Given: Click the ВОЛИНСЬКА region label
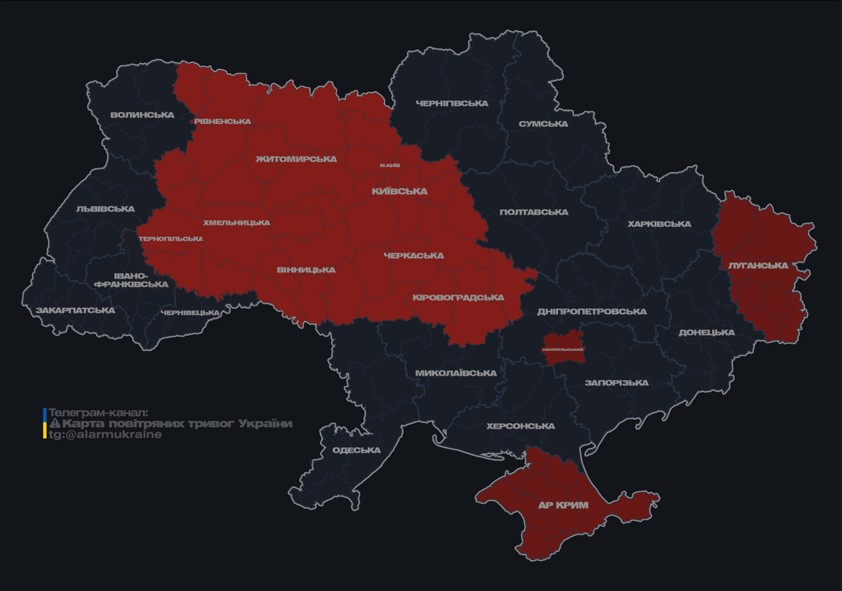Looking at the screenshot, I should (142, 115).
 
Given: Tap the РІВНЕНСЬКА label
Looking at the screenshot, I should (222, 122).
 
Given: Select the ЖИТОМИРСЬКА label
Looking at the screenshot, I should (296, 159).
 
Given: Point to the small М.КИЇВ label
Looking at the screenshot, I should (390, 165).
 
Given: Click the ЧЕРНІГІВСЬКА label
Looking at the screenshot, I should (452, 103).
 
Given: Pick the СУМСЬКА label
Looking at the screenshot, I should (543, 124).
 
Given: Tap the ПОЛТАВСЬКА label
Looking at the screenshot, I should (534, 212).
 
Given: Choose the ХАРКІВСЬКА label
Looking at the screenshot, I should (659, 224).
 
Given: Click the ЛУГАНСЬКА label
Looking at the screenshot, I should (758, 265).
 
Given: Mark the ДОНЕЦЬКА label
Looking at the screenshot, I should (707, 332).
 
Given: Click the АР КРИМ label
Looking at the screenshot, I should (563, 506).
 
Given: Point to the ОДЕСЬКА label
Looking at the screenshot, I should (356, 450).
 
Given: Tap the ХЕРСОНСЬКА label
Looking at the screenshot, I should (520, 426).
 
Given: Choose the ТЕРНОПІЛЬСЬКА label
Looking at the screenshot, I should (171, 239).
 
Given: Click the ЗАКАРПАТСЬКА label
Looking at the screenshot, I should (75, 311).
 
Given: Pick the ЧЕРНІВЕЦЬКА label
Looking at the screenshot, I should (190, 313).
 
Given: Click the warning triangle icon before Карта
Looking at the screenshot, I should (55, 424).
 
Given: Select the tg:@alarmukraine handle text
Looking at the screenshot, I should (105, 435).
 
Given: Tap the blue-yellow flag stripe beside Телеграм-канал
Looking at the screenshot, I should (45, 423).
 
